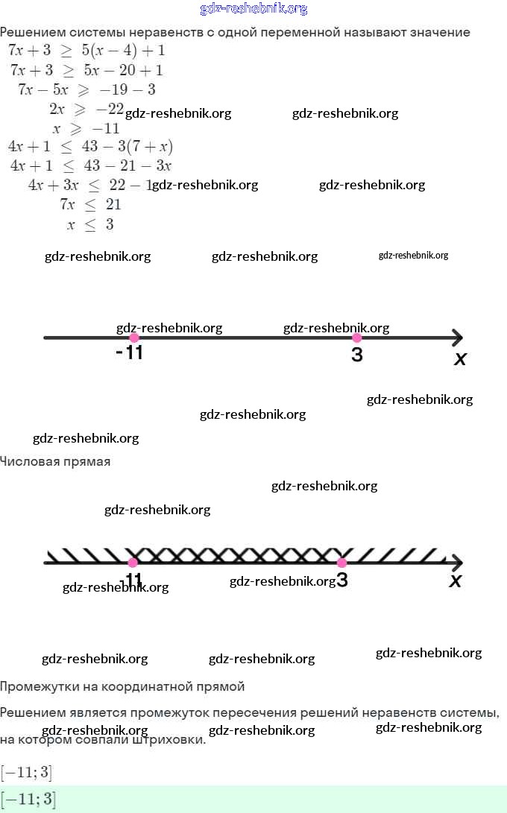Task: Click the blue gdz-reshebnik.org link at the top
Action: [253, 9]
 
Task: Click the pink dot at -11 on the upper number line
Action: [134, 338]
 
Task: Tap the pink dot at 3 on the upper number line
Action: [356, 338]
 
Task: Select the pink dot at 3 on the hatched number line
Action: [341, 563]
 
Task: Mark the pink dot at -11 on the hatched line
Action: [133, 563]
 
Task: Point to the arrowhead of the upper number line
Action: [456, 338]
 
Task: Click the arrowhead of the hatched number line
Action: [456, 563]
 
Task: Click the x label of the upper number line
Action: [460, 359]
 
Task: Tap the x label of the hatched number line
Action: [456, 581]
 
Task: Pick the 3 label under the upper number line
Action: [357, 355]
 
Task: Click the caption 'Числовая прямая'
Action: [55, 462]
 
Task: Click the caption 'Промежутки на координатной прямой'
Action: [122, 686]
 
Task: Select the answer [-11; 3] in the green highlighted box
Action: [28, 800]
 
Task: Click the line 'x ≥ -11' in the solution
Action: [86, 128]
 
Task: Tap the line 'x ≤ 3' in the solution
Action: [89, 224]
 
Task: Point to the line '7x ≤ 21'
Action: [90, 204]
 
